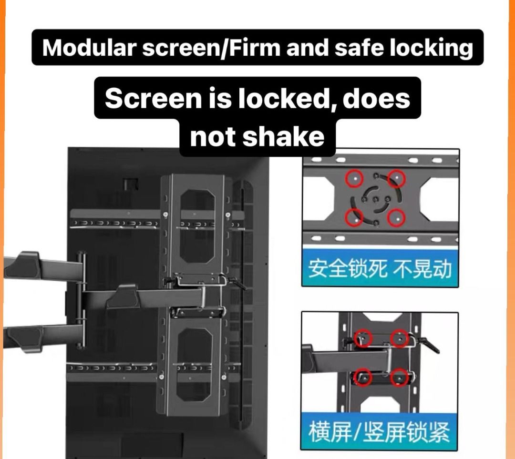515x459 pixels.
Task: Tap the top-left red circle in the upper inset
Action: pyautogui.click(x=355, y=179)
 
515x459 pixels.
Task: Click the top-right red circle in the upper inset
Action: pyautogui.click(x=396, y=179)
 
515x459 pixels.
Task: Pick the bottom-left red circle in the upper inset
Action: pyautogui.click(x=355, y=217)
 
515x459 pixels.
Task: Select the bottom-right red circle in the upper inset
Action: pyautogui.click(x=396, y=218)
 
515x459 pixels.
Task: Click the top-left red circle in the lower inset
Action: pyautogui.click(x=363, y=338)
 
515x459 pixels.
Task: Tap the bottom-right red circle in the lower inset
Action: pyautogui.click(x=400, y=377)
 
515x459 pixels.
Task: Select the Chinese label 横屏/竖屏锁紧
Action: pyautogui.click(x=380, y=432)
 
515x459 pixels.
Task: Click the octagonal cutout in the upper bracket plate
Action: pyautogui.click(x=197, y=226)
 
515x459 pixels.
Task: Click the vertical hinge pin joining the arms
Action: pyautogui.click(x=82, y=300)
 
